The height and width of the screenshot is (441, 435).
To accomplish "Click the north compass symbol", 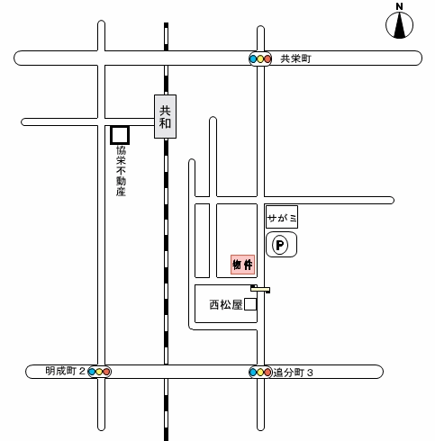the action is coord(399,25).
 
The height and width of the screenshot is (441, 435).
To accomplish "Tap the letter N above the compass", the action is coord(399,6).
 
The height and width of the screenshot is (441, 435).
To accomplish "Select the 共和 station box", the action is coord(165,117).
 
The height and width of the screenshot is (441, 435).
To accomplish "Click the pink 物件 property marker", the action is coord(243,265).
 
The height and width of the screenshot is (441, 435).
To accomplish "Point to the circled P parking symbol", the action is coord(280,245).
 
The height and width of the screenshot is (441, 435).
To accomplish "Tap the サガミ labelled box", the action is coord(282,217).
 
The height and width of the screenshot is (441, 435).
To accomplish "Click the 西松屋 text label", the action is coord(226,305).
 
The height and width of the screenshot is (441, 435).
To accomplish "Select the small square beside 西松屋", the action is coord(250,304).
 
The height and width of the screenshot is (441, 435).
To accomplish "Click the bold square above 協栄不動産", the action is coord(120,135).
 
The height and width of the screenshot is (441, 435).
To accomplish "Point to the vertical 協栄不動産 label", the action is coord(121,171).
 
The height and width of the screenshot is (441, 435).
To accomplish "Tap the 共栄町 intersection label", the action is coord(295,58).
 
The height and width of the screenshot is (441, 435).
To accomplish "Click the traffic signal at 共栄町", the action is coord(260,58).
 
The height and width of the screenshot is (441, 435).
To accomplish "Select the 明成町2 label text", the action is coord(66,371).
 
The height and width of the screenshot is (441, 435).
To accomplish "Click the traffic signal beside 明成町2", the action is coord(99,372).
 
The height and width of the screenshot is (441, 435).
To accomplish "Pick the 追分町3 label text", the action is coord(293,373).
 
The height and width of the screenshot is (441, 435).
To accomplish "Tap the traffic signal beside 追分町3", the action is coord(260,373).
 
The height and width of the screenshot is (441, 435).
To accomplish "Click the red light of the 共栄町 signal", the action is coord(267,58).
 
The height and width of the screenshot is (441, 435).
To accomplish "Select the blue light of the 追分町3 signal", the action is coord(253,373).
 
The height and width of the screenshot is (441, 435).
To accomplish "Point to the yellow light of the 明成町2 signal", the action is coord(99,372).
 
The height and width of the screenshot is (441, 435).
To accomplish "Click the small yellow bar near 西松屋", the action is coord(260,289).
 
